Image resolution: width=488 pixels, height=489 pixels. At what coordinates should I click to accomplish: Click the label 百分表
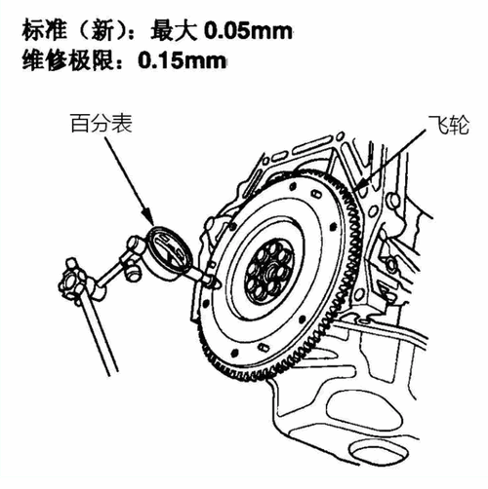pyautogui.click(x=102, y=124)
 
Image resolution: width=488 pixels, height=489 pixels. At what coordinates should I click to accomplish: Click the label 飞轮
pyautogui.click(x=449, y=125)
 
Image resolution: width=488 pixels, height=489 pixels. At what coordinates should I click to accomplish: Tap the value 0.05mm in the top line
pyautogui.click(x=248, y=31)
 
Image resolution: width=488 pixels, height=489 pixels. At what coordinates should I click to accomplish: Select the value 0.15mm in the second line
pyautogui.click(x=182, y=60)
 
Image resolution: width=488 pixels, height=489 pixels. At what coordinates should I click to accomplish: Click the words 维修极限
pyautogui.click(x=68, y=60)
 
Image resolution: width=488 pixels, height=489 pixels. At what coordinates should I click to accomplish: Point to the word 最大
pyautogui.click(x=174, y=31)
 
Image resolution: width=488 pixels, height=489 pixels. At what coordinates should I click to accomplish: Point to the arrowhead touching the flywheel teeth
pyautogui.click(x=359, y=186)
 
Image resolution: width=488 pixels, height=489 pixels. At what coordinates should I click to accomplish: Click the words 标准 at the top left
pyautogui.click(x=45, y=31)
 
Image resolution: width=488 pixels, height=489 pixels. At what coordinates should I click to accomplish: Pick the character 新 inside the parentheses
pyautogui.click(x=102, y=31)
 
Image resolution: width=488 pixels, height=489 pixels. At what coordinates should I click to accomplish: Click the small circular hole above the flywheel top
pyautogui.click(x=340, y=135)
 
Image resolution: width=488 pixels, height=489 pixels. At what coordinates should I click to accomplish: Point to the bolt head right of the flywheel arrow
pyautogui.click(x=393, y=200)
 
